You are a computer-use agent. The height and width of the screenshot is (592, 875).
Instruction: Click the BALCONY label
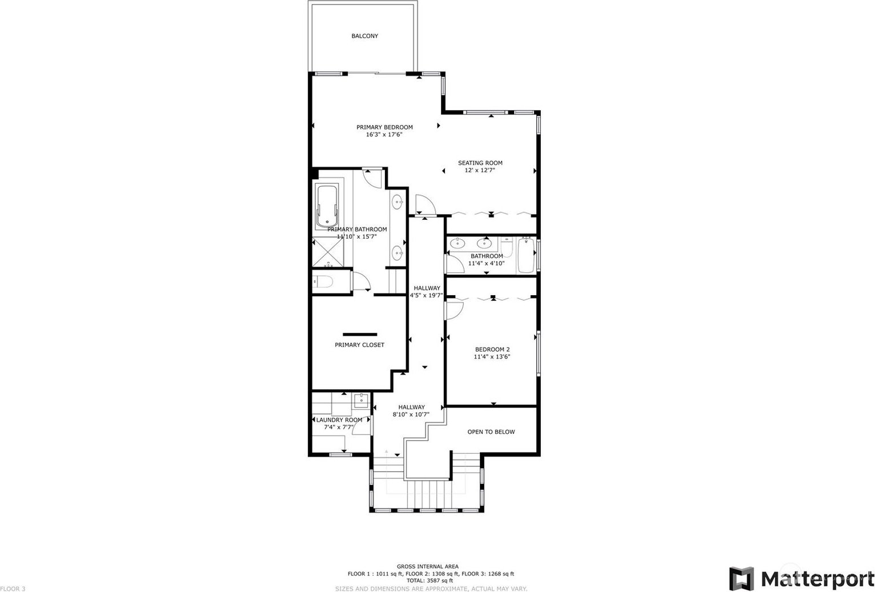coord(364,36)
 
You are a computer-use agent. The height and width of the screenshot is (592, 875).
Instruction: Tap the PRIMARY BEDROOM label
coord(384,127)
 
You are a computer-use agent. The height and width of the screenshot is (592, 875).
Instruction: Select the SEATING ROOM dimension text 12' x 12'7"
coord(480,170)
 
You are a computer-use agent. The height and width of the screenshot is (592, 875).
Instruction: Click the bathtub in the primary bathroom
coord(327,206)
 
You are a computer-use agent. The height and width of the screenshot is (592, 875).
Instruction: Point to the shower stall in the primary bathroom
coord(328,253)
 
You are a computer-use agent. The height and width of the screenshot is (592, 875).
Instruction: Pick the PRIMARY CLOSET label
coord(359,345)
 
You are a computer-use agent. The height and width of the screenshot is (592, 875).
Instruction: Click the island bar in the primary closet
coord(360,335)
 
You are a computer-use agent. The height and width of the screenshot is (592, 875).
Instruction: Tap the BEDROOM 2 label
coord(492,349)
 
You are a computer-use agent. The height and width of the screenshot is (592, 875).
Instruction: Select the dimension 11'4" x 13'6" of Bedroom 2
coord(492,357)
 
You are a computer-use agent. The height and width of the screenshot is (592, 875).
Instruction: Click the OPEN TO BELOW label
coord(491,432)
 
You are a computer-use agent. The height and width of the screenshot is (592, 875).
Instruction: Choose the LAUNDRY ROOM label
coord(339,420)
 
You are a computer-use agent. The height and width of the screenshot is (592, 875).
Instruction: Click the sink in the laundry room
coord(362,400)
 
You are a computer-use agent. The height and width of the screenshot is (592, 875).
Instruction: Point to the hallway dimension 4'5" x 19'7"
coord(426,295)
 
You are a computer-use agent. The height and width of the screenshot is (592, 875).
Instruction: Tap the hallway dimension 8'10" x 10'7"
coord(411,414)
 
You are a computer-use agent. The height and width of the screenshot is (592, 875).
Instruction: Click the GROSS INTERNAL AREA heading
coord(428,566)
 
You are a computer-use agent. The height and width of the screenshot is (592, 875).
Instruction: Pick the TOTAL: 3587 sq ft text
coord(430,581)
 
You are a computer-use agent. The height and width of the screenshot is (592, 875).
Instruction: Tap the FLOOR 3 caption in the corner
coord(13,589)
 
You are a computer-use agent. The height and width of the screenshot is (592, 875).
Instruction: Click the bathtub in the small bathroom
coord(526,255)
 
